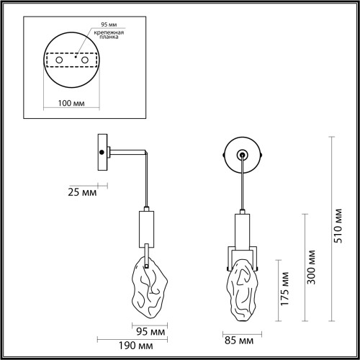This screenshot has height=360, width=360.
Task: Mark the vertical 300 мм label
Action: coord(311,267)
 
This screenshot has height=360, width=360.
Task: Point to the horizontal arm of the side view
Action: coord(129,152)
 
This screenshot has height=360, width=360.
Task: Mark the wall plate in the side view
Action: coord(102,152)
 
